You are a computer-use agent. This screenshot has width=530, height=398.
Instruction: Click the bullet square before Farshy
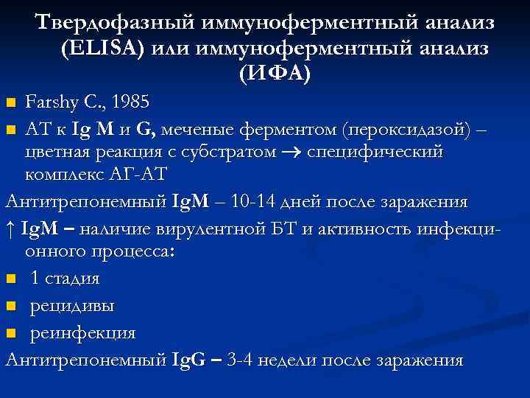click(x=10, y=102)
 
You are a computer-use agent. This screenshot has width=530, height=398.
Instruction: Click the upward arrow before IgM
click(x=10, y=227)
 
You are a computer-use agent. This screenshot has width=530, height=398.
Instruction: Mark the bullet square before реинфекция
click(x=10, y=333)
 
